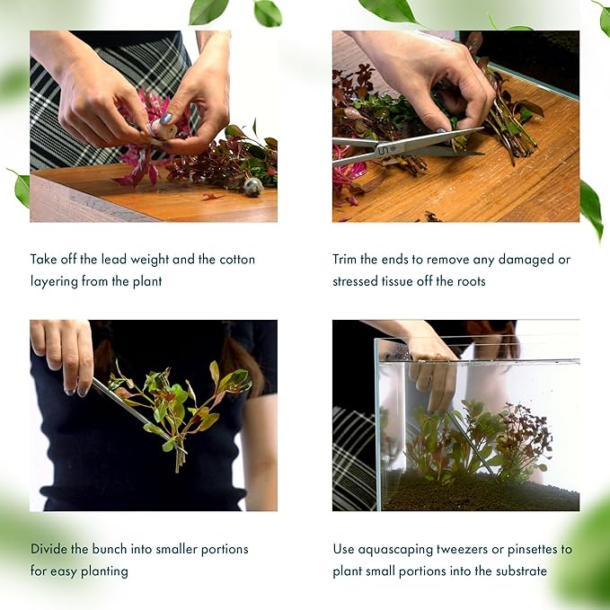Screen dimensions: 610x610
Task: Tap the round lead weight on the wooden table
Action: click(253, 186)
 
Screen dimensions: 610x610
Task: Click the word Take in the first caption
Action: click(44, 259)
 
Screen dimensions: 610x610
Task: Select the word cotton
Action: click(237, 259)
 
